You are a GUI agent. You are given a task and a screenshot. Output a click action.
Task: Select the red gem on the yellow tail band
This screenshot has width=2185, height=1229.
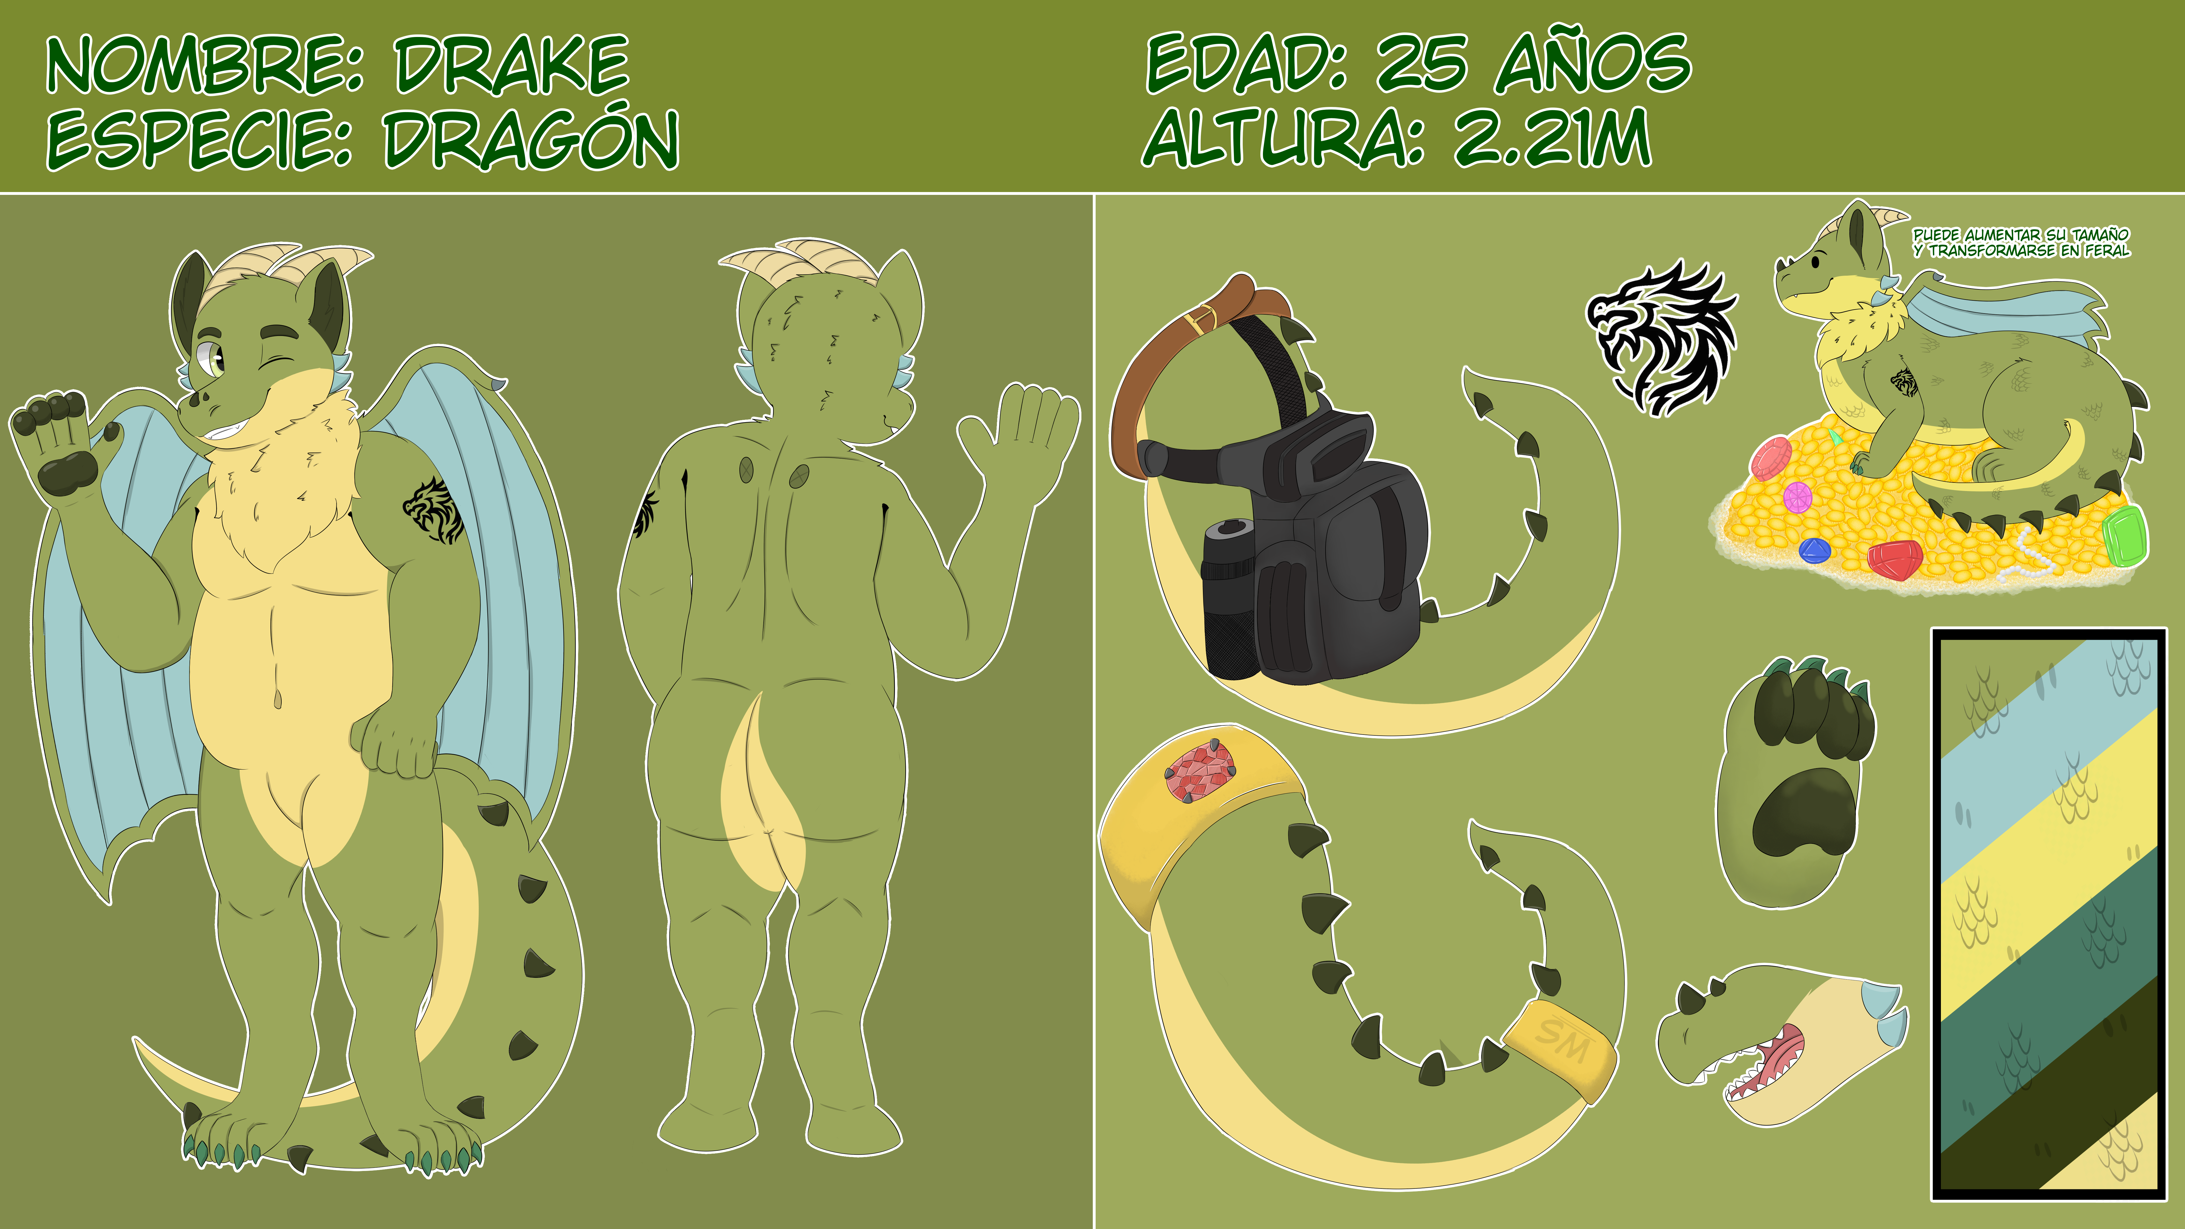point(1199,770)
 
